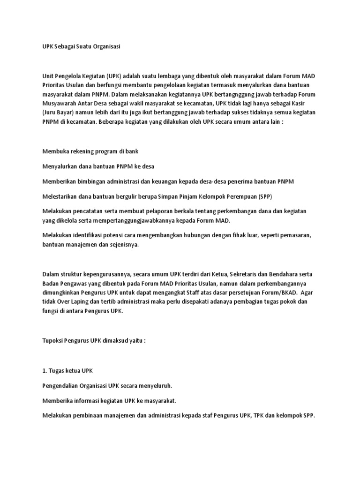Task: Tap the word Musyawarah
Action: (x=59, y=104)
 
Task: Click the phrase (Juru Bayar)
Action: (x=60, y=112)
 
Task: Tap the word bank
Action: (x=132, y=151)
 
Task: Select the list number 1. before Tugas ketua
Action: (x=45, y=370)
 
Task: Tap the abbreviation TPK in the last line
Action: (x=262, y=415)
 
